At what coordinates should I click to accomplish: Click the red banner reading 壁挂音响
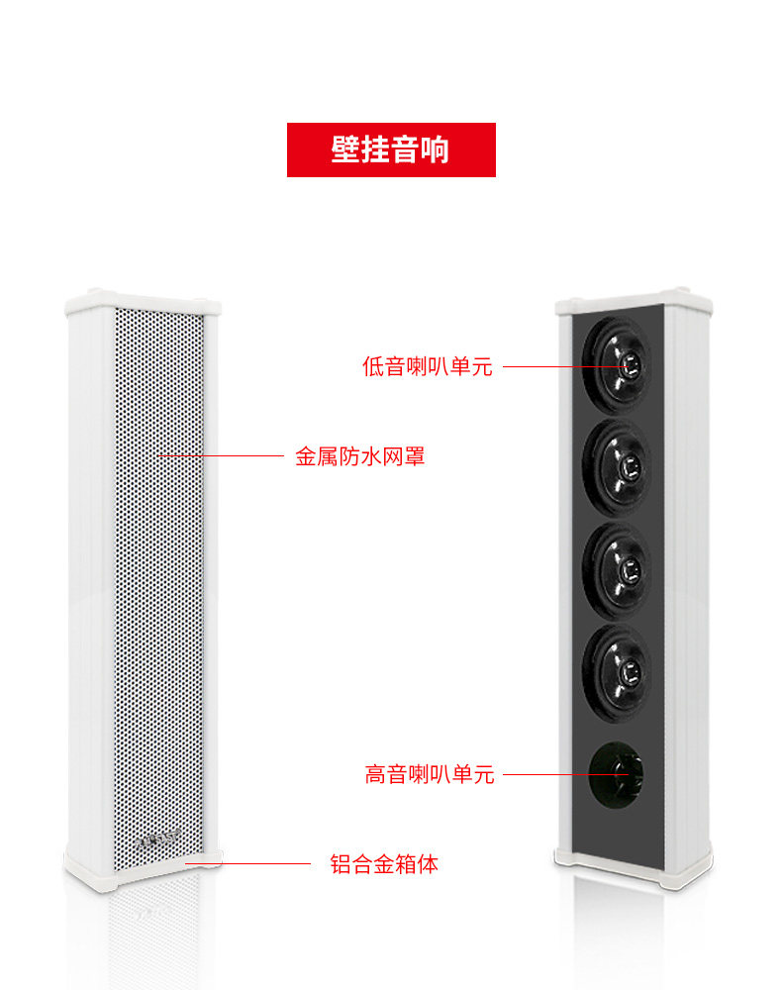click(391, 149)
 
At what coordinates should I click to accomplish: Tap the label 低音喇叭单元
click(427, 366)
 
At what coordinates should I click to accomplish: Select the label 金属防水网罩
click(359, 456)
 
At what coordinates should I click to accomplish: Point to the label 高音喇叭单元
click(429, 774)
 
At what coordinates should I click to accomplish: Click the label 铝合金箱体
click(383, 863)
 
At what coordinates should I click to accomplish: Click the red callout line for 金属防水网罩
click(220, 456)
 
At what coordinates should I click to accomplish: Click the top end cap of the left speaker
click(144, 301)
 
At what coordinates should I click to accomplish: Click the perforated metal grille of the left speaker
click(158, 594)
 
